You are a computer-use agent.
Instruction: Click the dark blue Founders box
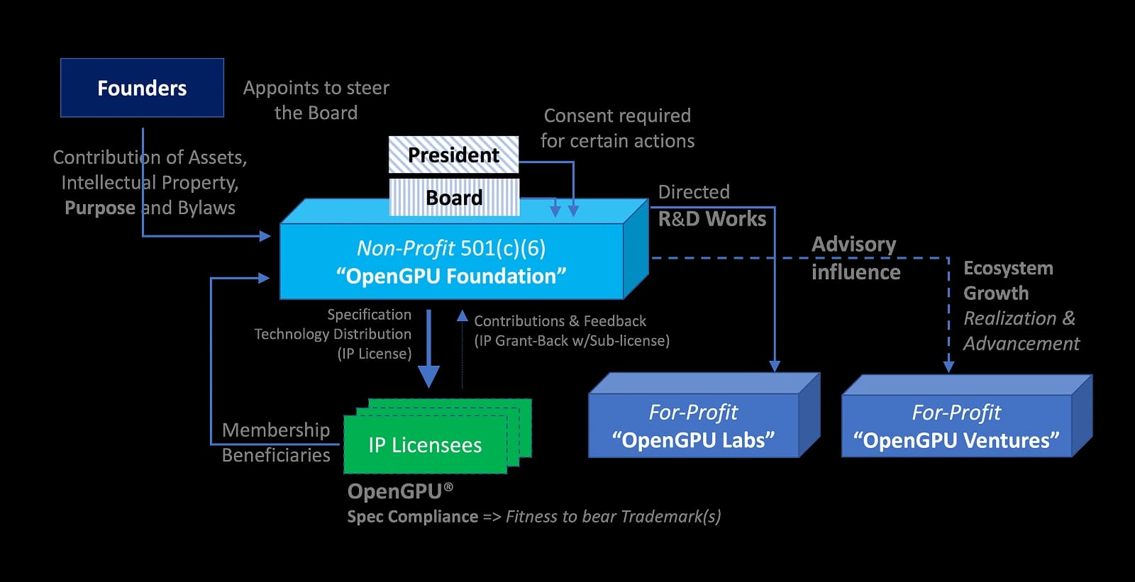pyautogui.click(x=142, y=88)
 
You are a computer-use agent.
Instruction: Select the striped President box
pyautogui.click(x=453, y=155)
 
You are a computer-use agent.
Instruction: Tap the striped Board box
pyautogui.click(x=454, y=197)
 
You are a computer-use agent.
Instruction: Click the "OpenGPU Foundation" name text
pyautogui.click(x=451, y=276)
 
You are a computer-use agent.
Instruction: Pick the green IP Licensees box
pyautogui.click(x=425, y=444)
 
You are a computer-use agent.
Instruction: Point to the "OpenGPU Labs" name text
pyautogui.click(x=693, y=440)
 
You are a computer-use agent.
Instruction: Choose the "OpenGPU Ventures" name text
pyautogui.click(x=956, y=440)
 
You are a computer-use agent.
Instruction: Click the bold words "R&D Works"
pyautogui.click(x=712, y=219)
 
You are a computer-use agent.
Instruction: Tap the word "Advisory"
pyautogui.click(x=853, y=245)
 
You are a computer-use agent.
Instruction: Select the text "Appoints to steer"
pyautogui.click(x=316, y=88)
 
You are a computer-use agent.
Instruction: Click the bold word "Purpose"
pyautogui.click(x=100, y=208)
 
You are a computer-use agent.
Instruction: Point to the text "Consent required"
pyautogui.click(x=617, y=116)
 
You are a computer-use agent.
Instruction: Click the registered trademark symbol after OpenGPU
pyautogui.click(x=448, y=487)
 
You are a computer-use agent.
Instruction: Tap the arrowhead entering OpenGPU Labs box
pyautogui.click(x=775, y=366)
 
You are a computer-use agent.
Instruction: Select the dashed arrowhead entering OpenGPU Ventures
pyautogui.click(x=948, y=366)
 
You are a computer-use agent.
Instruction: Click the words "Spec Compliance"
pyautogui.click(x=412, y=517)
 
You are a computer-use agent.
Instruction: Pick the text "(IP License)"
pyautogui.click(x=375, y=354)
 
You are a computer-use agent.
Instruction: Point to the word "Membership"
pyautogui.click(x=276, y=430)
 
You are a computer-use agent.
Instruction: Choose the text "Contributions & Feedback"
pyautogui.click(x=560, y=321)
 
